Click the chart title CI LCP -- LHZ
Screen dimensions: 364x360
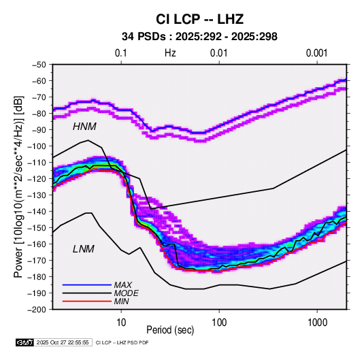tap(199, 19)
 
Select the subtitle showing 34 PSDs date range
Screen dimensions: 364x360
tap(199, 37)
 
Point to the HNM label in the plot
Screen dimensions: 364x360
tap(84, 127)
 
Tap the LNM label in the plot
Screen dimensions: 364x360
tap(84, 249)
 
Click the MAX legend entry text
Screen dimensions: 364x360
tap(122, 284)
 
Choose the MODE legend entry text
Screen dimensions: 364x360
tap(126, 293)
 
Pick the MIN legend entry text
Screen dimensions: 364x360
tap(121, 301)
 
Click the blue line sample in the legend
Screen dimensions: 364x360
tap(87, 285)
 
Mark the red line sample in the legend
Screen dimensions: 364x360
tap(87, 301)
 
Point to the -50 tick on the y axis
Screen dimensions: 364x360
tap(39, 65)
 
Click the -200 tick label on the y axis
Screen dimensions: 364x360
tap(37, 310)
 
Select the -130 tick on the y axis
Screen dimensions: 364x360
tap(37, 195)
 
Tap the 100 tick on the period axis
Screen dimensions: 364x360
tap(219, 323)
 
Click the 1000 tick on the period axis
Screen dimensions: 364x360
tap(317, 323)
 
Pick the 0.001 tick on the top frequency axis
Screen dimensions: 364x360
tap(317, 53)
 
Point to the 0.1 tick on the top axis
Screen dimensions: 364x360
tap(121, 53)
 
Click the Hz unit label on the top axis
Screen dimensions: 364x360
tap(170, 53)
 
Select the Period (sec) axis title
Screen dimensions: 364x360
tap(170, 330)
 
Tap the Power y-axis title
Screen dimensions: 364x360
tap(19, 186)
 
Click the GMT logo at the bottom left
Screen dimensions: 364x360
tap(25, 342)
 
